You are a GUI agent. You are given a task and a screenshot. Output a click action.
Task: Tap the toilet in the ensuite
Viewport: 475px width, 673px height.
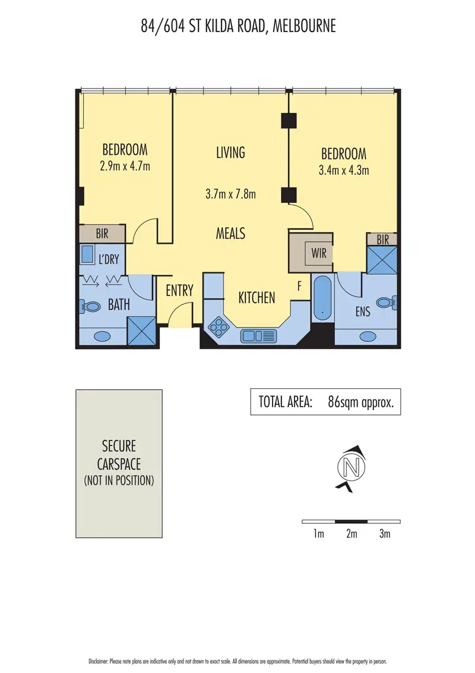point(385,303)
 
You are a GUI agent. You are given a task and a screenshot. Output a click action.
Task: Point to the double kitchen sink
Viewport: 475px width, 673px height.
point(258,336)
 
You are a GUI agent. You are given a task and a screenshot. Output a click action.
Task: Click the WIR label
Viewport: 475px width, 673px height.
point(319,253)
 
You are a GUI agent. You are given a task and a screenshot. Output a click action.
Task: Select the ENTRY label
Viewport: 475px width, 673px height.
point(179,291)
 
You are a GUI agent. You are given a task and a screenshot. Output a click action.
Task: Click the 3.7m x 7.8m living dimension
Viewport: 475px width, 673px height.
point(230,194)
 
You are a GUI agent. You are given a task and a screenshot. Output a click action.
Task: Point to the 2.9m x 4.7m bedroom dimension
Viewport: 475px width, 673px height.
point(125,166)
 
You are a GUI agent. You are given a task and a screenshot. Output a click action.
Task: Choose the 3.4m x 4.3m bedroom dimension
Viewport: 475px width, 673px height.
point(344,171)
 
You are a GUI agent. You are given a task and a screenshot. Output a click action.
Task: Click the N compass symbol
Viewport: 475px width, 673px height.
point(350,467)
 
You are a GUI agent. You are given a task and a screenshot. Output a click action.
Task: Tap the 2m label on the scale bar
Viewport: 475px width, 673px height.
point(351,534)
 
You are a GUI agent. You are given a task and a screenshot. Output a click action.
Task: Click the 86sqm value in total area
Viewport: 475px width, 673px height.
point(341,402)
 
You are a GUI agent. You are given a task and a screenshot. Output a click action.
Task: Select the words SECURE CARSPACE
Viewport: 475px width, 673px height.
point(119,455)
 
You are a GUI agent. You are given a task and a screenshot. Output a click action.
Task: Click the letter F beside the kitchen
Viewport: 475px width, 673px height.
point(300,287)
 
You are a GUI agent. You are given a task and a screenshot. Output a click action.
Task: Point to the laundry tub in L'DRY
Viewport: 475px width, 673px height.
point(87,255)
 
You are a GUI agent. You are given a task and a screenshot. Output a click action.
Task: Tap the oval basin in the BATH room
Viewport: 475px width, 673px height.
point(102,336)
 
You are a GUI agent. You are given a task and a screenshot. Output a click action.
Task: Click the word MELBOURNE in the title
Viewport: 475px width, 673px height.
point(304,26)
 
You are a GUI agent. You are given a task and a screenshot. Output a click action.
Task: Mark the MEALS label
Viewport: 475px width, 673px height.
point(230,234)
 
